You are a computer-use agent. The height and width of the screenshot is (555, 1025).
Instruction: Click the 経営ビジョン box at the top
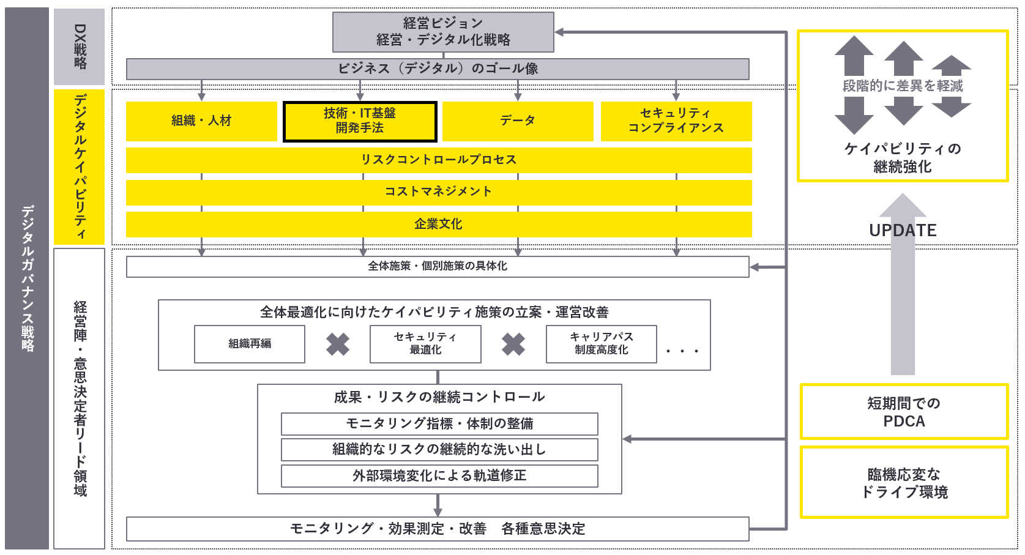point(443,32)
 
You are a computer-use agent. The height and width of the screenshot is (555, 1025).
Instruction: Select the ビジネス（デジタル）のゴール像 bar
point(438,69)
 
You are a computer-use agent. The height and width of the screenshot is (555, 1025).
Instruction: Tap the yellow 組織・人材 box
point(201,121)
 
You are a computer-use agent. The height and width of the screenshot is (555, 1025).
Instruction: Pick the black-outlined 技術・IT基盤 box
point(360,121)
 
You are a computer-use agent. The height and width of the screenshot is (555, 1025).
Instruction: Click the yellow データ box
point(518,121)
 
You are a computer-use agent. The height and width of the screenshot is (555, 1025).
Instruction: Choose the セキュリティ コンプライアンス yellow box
point(676,121)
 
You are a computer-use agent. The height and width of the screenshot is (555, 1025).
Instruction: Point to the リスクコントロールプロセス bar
point(439,160)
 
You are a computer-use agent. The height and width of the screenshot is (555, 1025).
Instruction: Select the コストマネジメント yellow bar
point(439,193)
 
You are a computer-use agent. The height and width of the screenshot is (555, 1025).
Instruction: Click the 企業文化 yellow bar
point(439,224)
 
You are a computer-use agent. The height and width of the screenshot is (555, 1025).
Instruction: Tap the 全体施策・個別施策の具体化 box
point(438,267)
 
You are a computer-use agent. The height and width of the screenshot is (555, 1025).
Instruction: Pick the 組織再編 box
point(250,344)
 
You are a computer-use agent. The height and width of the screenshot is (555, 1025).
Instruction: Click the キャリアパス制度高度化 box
point(602,344)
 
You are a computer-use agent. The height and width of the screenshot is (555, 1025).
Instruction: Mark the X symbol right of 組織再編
point(338,345)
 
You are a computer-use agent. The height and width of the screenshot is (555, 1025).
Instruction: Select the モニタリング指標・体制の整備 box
point(439,423)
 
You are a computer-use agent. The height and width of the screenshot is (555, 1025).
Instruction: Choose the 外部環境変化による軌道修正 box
point(439,476)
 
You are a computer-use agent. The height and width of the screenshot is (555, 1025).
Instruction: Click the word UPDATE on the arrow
point(903,230)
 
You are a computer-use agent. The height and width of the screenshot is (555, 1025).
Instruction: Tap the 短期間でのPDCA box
point(904,412)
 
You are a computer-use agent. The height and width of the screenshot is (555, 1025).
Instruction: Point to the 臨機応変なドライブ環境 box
point(904,483)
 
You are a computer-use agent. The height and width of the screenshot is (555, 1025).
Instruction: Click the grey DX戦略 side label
point(79,47)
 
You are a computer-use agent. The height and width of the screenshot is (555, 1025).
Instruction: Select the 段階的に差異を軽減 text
point(903,86)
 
